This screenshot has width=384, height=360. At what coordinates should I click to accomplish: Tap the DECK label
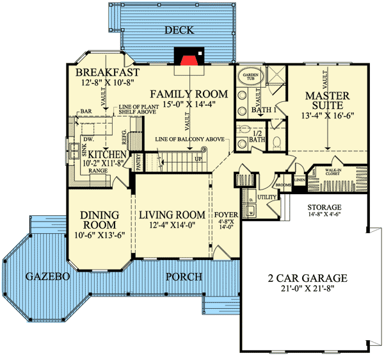click(x=180, y=30)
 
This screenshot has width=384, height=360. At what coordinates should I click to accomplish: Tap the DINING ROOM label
click(x=98, y=220)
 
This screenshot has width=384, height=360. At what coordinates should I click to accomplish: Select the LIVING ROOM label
click(x=172, y=215)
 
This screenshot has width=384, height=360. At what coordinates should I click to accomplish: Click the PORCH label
click(x=184, y=277)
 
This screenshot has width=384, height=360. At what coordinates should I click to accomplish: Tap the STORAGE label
click(x=326, y=208)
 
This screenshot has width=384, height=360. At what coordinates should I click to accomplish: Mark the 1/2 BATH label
click(x=257, y=135)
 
